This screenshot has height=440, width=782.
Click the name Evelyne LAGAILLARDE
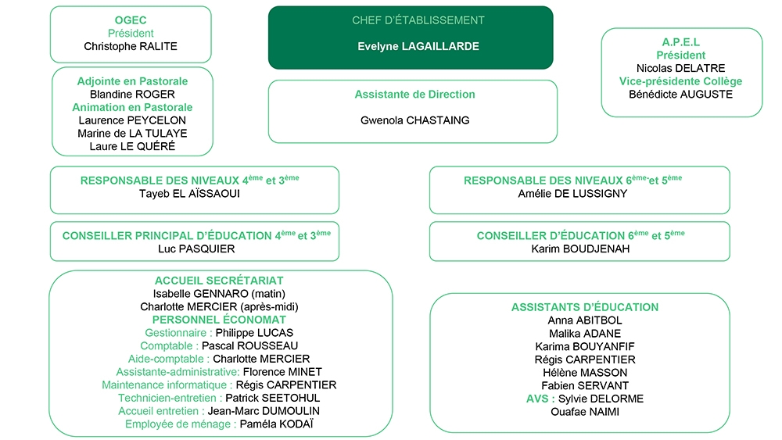coord(418,46)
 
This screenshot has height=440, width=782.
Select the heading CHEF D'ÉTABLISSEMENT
coord(418,20)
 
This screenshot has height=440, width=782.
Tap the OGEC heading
coord(131,20)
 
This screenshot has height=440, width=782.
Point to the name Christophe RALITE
coord(131,46)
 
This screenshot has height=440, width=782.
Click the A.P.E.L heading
coord(681,42)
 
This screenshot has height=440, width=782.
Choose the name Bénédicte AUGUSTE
coord(681,95)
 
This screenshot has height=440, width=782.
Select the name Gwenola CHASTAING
coord(415,120)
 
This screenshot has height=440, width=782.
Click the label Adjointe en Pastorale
coord(132,81)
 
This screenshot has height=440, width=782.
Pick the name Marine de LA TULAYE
coord(132,133)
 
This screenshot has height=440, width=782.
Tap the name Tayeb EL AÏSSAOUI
coord(189,193)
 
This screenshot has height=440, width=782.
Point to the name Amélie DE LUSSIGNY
coord(572,193)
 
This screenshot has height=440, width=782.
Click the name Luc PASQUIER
coord(196,249)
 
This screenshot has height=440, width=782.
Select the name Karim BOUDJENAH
coord(580,249)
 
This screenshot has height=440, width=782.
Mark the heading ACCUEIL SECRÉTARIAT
coord(219,281)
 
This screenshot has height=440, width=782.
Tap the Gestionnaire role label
coord(175,333)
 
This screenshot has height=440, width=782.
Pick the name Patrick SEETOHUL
coord(273,398)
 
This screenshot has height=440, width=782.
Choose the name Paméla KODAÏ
coord(276,424)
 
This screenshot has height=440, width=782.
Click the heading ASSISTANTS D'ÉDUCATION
coord(585,307)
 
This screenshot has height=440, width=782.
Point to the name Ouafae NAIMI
coord(585,412)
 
